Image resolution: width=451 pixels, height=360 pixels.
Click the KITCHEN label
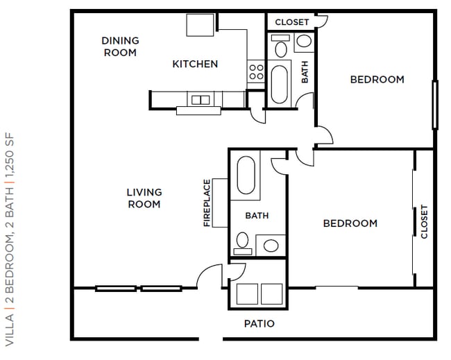tap(195, 64)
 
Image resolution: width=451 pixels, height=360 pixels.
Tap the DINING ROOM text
tap(120, 46)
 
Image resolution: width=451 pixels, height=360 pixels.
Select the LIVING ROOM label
tap(144, 198)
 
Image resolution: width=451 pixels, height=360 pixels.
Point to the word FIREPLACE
tap(207, 203)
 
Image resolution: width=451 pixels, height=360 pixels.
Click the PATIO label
tap(259, 324)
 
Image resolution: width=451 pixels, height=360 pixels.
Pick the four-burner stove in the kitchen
tap(256, 71)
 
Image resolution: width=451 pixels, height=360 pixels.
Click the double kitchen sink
tap(201, 100)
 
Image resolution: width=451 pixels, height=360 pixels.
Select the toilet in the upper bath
tap(281, 46)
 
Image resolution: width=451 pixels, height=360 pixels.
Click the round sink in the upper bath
tap(304, 41)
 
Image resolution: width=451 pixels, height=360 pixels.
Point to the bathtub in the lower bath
tap(246, 175)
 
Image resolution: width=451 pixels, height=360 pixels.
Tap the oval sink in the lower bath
tap(271, 246)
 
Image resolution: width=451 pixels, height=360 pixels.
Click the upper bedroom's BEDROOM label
tap(377, 79)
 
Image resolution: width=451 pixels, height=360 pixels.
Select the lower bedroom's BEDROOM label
tap(350, 223)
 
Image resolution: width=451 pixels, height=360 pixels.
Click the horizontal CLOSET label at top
tap(291, 22)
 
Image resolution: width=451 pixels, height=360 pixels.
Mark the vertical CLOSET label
tap(424, 221)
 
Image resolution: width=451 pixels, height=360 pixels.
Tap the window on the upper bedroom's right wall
tap(435, 105)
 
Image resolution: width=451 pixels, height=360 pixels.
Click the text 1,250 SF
tap(10, 155)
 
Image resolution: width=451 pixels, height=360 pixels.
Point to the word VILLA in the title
tap(10, 330)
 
